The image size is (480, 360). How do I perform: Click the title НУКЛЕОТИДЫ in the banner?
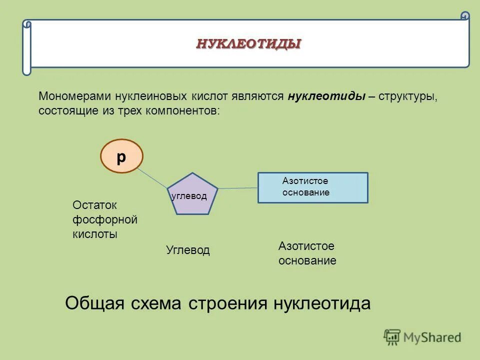tap(248, 44)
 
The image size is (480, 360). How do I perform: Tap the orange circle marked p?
tap(121, 156)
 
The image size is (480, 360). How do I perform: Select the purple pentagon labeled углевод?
tap(192, 194)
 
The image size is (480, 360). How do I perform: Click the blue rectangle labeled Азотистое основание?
tap(313, 187)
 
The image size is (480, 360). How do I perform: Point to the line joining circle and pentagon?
tap(152, 177)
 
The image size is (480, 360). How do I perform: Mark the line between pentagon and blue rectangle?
tap(238, 188)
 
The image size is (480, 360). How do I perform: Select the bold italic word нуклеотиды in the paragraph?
tap(326, 96)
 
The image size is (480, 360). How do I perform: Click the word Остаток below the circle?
tap(94, 205)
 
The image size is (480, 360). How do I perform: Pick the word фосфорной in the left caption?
tap(105, 219)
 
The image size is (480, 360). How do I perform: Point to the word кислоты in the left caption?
tap(95, 234)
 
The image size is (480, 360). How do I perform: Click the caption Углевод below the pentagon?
tap(188, 250)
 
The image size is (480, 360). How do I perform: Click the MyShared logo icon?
tap(392, 337)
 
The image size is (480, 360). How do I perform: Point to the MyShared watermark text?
tap(432, 338)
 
